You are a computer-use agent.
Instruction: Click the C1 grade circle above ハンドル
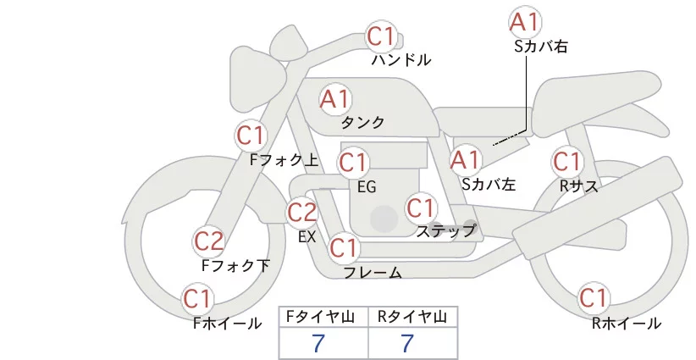click(x=382, y=36)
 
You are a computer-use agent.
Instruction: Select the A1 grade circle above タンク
click(x=335, y=99)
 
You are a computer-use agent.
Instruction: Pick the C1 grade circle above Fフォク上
click(x=251, y=136)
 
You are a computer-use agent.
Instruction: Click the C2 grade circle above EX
click(x=302, y=212)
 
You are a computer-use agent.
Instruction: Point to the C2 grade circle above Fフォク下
click(x=209, y=242)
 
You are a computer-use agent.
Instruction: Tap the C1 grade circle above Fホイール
click(x=198, y=299)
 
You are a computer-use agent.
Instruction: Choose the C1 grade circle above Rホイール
click(x=593, y=298)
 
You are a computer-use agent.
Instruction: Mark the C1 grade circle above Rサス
click(x=566, y=161)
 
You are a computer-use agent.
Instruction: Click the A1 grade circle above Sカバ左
click(x=465, y=158)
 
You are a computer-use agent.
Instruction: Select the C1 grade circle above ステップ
click(x=421, y=208)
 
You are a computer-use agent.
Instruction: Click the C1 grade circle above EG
click(x=353, y=162)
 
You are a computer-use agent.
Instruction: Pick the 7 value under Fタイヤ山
click(x=319, y=343)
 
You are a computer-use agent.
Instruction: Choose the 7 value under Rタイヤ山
click(x=408, y=343)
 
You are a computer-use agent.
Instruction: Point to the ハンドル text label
click(x=401, y=60)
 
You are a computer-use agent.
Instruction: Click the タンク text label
click(x=362, y=123)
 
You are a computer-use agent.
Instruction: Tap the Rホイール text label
click(x=627, y=323)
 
